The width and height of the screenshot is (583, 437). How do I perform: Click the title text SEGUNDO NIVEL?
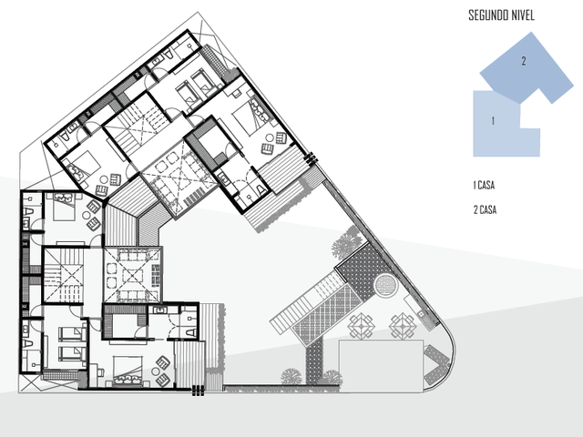501,15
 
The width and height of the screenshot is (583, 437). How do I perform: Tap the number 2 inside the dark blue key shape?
524,61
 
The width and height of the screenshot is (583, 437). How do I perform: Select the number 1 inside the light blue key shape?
493,121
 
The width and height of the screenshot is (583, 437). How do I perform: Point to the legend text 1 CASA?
484,185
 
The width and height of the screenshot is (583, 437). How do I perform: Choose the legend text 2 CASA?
485,210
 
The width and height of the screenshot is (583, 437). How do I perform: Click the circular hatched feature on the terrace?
385,285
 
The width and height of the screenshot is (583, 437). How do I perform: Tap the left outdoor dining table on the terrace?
361,326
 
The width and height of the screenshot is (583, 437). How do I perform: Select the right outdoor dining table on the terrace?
403,326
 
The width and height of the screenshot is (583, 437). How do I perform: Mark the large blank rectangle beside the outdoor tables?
381,366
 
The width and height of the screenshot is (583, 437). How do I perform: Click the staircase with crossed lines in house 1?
63,276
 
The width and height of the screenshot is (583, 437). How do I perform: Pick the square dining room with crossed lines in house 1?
132,275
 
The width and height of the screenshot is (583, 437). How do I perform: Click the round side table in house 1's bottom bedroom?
155,371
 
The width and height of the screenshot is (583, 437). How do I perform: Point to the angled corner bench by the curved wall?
436,364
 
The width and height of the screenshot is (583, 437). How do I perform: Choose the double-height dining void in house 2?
179,179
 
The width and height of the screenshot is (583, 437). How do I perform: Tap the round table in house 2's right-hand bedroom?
270,137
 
